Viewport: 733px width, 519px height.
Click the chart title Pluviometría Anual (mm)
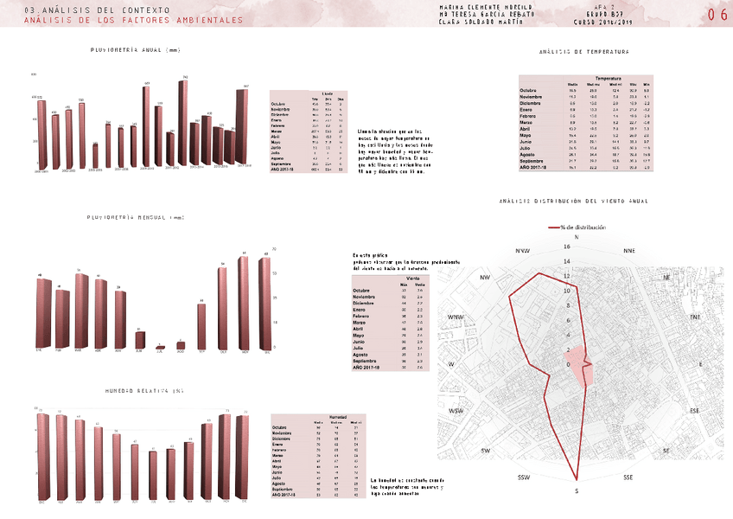(135, 51)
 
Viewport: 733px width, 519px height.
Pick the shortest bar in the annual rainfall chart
(95, 155)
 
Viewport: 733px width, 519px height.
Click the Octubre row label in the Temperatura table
(528, 90)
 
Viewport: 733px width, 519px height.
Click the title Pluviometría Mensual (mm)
(136, 217)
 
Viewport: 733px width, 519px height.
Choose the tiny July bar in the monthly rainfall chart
(160, 347)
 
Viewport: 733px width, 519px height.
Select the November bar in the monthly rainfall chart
(245, 304)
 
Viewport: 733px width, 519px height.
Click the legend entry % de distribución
(581, 227)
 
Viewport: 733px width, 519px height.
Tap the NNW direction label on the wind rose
(522, 251)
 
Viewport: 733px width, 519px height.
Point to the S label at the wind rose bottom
(577, 490)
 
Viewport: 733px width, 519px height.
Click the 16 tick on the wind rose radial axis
(567, 247)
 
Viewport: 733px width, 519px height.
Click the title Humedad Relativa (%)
(144, 392)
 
